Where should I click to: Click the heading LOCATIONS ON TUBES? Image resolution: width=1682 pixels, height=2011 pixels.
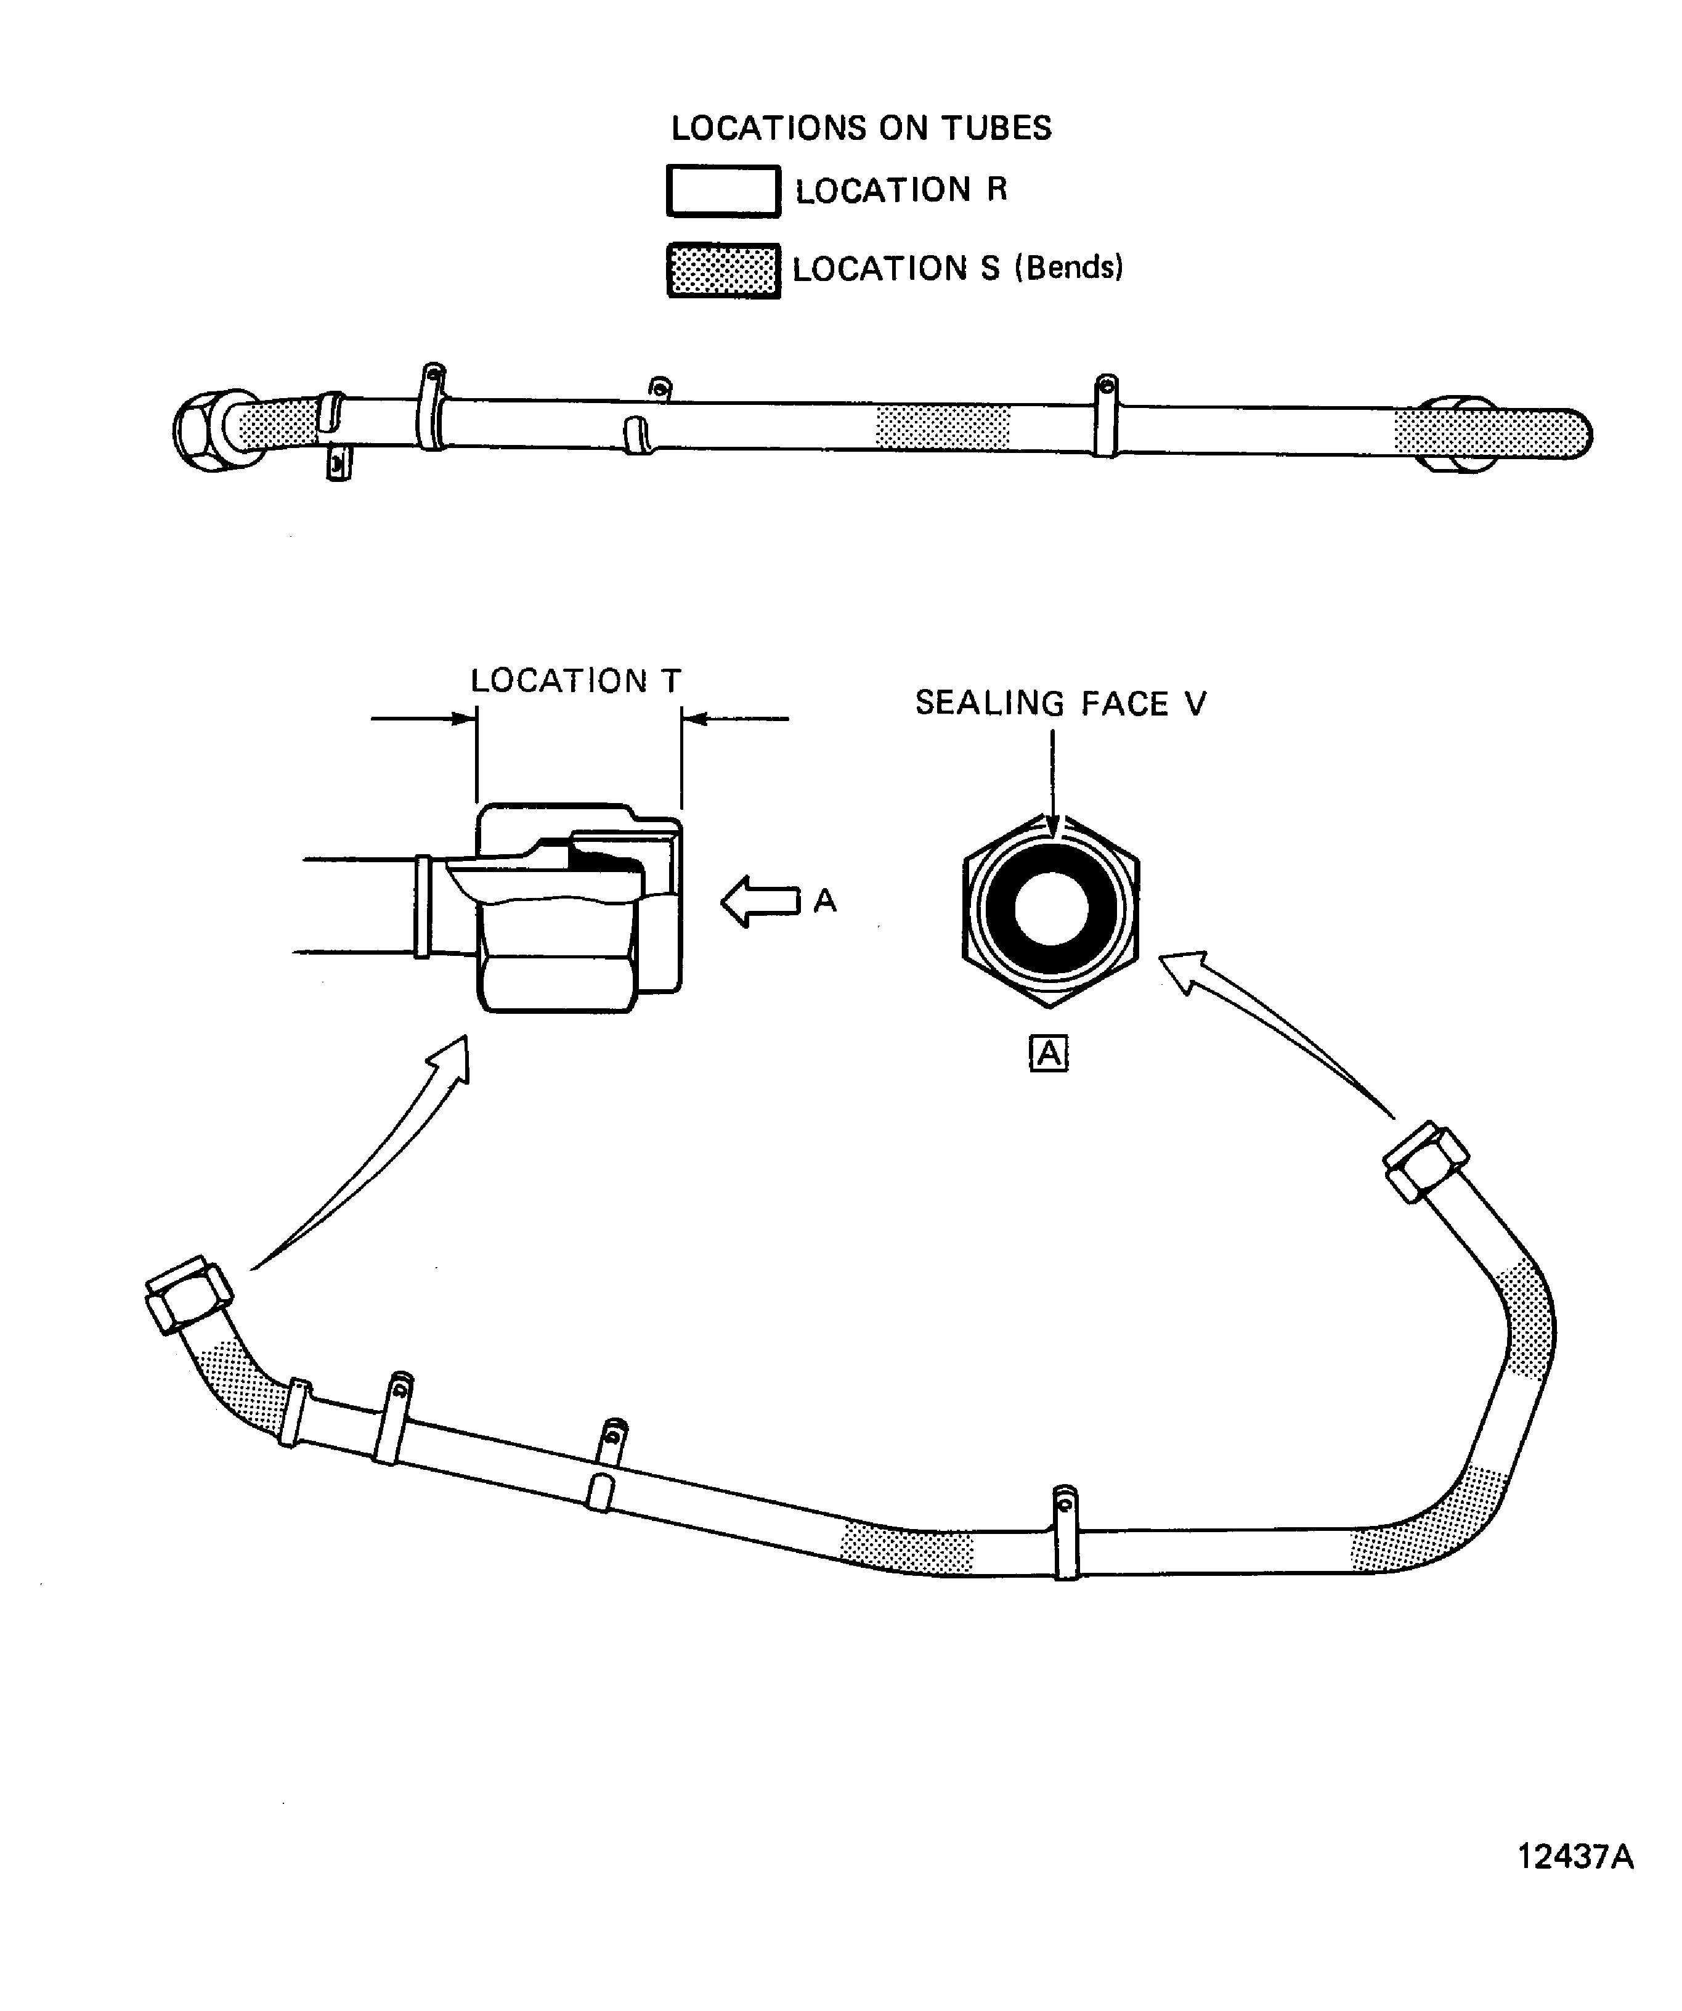tap(861, 128)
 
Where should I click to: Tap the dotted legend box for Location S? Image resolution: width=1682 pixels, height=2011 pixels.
tap(723, 271)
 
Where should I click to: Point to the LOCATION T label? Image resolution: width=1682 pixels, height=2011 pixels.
tap(575, 681)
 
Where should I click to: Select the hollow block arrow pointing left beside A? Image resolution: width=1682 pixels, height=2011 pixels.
tap(760, 902)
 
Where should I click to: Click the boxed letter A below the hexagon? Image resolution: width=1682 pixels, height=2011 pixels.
tap(1048, 1053)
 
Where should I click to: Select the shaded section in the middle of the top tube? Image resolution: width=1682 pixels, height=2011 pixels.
tap(943, 427)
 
